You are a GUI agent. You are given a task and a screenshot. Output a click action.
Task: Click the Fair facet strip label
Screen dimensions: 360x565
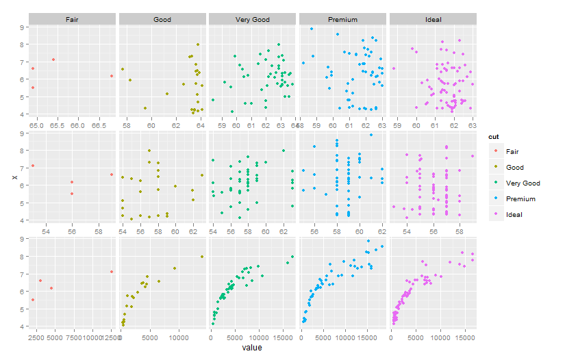(72, 21)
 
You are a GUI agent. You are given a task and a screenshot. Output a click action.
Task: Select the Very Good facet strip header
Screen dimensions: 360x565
(252, 21)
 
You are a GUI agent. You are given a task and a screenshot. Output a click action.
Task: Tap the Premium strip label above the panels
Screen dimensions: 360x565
(342, 21)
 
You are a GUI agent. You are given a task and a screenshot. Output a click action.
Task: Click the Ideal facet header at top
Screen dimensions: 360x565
(432, 21)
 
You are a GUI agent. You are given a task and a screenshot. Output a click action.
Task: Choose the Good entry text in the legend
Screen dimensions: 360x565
(515, 167)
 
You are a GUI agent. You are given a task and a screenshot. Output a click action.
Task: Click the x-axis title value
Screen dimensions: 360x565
(251, 348)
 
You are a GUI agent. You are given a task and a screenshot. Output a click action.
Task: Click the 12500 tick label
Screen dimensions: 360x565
(108, 337)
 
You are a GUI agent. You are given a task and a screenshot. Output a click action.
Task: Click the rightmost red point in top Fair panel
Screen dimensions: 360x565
(111, 76)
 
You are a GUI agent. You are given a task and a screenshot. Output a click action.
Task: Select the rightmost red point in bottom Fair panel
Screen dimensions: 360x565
(111, 272)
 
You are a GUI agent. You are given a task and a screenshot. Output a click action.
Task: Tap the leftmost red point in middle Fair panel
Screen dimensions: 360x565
(32, 166)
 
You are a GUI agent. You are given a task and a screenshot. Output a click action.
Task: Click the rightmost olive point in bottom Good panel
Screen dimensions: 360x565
(202, 257)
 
